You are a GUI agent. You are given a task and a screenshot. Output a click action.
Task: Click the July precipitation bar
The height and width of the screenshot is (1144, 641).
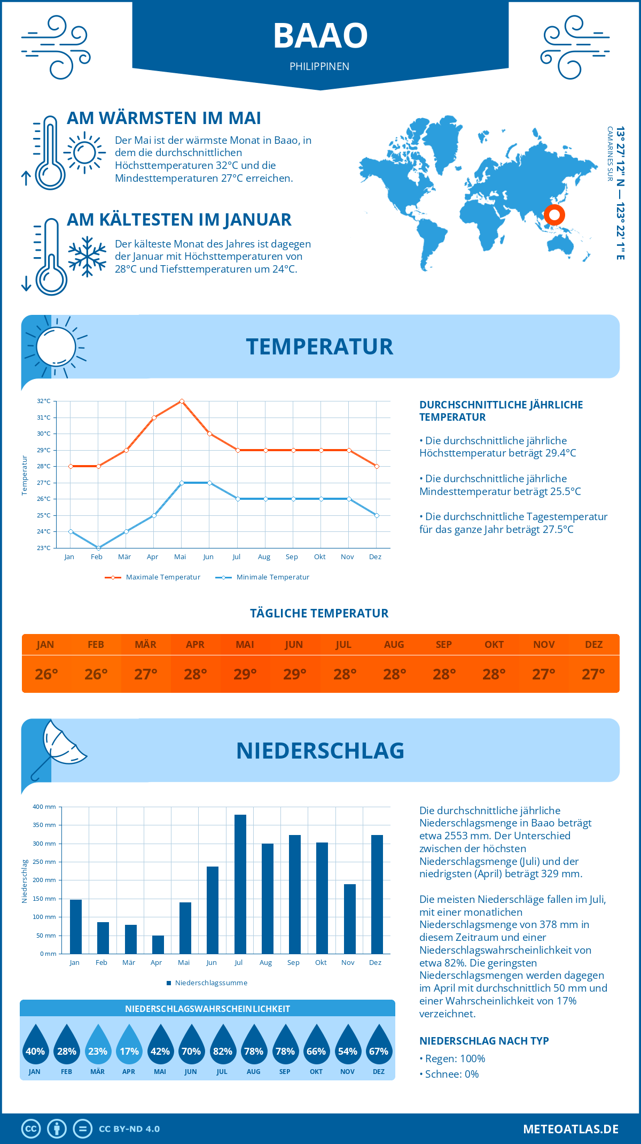coord(240,884)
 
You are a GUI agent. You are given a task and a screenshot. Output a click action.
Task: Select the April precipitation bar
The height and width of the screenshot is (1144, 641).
coord(158,945)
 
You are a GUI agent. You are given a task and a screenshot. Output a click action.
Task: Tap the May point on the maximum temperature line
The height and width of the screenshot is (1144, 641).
coord(182,401)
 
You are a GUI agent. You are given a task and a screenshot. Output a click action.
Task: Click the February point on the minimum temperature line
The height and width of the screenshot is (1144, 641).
coord(98,548)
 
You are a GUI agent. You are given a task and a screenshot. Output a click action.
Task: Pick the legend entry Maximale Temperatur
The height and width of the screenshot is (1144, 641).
coord(153,577)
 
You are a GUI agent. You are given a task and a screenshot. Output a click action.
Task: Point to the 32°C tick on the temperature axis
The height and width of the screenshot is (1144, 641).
coord(44,401)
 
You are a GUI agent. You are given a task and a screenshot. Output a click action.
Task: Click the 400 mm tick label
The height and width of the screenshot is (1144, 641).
coord(45,807)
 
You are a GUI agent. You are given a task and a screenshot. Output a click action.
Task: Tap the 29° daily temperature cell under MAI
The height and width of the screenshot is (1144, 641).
coord(245,674)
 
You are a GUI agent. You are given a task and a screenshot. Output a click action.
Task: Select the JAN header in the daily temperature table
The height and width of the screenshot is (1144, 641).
coord(45,645)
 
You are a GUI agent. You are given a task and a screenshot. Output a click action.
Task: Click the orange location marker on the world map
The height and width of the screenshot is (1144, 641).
coord(554,215)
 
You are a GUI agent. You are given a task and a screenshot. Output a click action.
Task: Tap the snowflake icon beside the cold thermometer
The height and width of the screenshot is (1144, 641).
coord(87,257)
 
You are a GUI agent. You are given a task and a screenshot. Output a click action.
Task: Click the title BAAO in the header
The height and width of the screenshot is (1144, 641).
coord(320,36)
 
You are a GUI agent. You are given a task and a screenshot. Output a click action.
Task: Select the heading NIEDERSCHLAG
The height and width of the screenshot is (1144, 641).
coord(320,751)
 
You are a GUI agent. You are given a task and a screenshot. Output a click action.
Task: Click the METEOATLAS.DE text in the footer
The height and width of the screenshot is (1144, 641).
coord(570,1129)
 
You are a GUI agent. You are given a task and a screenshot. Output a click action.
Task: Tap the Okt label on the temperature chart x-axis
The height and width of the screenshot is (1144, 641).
coord(319,557)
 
